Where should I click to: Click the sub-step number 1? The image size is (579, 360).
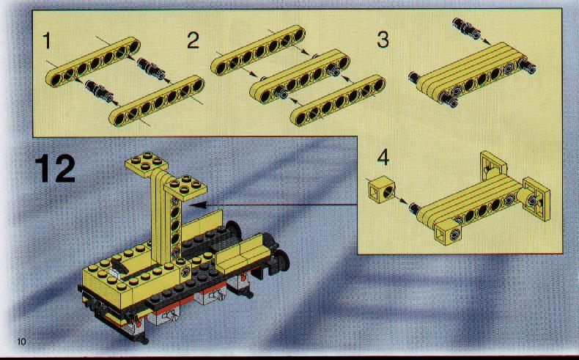point(46,40)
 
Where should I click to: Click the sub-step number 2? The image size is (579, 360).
point(193,40)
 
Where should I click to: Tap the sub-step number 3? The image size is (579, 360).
point(383,40)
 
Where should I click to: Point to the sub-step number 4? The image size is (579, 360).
point(383,158)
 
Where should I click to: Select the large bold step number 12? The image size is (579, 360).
point(55,169)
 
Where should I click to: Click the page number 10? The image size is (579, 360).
point(21,342)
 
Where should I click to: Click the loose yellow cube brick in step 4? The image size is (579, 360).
point(381,190)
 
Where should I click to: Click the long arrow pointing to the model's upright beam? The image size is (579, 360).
point(274,205)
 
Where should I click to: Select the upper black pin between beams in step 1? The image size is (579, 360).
point(151,68)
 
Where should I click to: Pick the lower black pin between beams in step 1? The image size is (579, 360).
point(99,90)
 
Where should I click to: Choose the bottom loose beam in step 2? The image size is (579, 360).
point(338,100)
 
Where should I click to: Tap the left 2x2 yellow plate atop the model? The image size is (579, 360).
point(147,164)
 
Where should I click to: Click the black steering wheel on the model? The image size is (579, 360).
point(118,266)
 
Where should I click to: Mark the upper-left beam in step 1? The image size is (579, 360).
point(93,62)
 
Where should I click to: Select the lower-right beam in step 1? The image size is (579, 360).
point(157,100)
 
